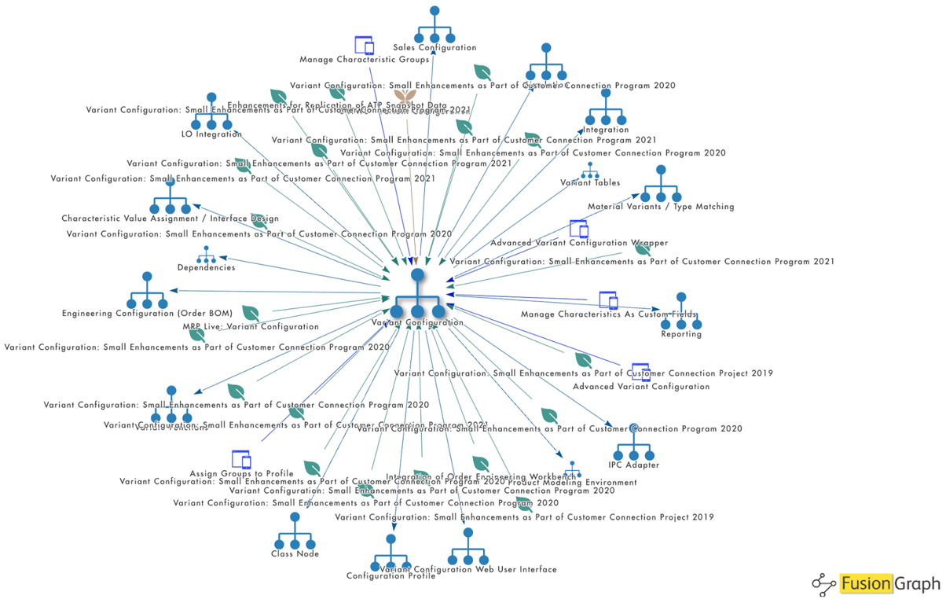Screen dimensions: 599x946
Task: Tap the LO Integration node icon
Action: click(211, 112)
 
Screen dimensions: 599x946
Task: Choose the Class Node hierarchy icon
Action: click(295, 532)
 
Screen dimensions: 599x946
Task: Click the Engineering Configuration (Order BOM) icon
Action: click(146, 292)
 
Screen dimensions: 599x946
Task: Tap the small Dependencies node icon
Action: click(206, 255)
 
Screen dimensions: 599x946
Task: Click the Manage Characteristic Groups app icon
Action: click(363, 45)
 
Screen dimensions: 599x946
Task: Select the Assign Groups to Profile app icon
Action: click(241, 459)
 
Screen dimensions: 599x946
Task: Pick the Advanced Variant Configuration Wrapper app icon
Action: click(578, 229)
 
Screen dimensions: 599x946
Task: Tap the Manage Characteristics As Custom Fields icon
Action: click(608, 300)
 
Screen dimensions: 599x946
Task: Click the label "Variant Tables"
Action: click(590, 183)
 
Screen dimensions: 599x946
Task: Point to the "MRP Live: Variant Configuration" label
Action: click(250, 326)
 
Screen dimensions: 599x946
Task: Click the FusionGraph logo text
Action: click(889, 583)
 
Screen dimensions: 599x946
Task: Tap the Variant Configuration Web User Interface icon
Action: click(468, 547)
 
